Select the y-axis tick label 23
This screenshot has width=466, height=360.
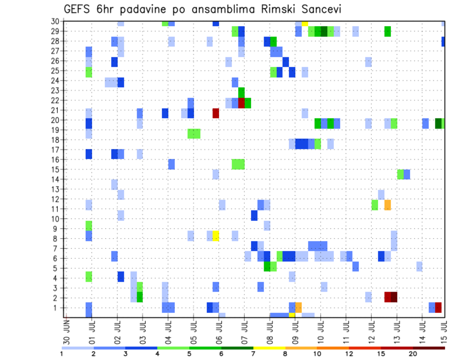tap(56, 90)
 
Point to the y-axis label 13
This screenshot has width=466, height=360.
tap(56, 189)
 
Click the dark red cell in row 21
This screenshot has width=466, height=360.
tap(216, 113)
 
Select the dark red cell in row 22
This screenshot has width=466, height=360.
tap(241, 103)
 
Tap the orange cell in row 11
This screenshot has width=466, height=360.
tap(387, 205)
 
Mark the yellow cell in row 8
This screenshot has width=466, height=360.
tap(216, 236)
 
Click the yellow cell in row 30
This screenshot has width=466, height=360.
tap(305, 23)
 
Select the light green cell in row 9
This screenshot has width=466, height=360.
tap(89, 226)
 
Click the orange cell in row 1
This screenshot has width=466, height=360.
tap(299, 308)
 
